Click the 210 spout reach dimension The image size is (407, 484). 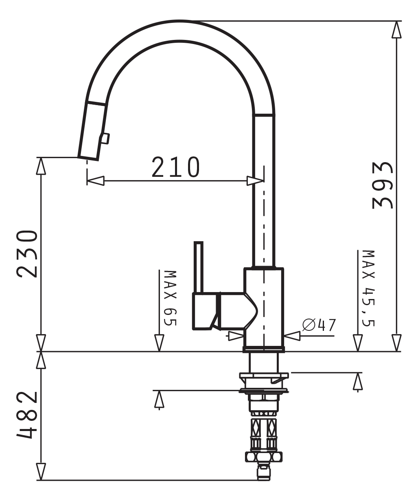[176, 167]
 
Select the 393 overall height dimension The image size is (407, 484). [383, 185]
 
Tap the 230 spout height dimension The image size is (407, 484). [27, 253]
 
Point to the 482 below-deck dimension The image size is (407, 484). [27, 415]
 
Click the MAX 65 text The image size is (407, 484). [170, 298]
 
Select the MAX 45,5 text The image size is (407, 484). [368, 288]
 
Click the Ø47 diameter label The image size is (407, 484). [319, 325]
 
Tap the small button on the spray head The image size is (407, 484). [105, 139]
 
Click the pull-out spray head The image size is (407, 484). [92, 131]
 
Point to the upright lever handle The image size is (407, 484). [199, 267]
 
